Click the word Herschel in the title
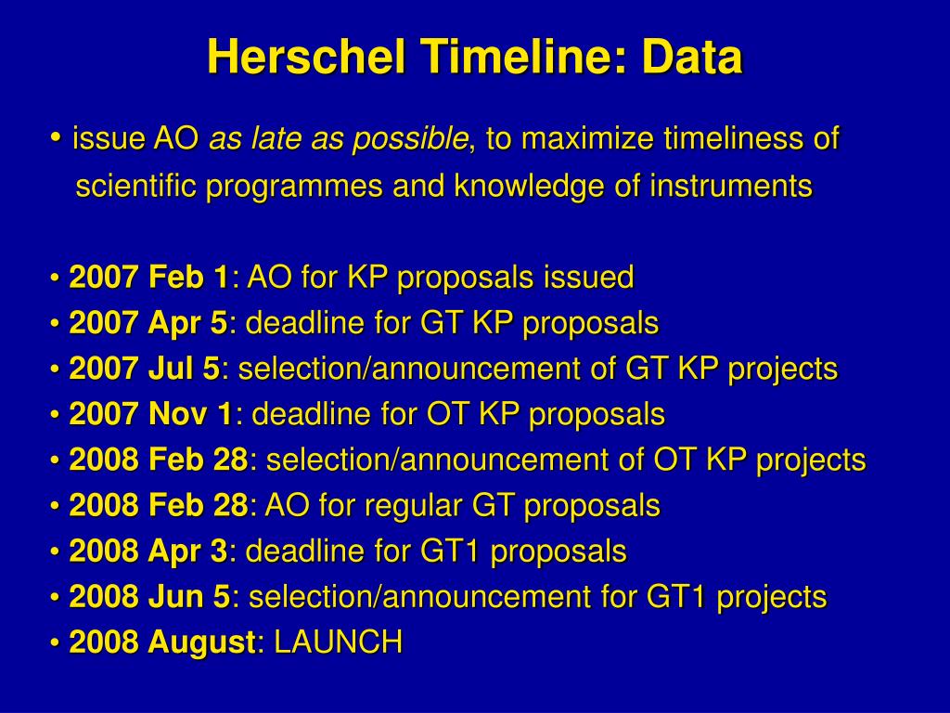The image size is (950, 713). pos(306,57)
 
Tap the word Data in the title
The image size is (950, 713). pos(692,57)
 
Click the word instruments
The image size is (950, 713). pos(731,185)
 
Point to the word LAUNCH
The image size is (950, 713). pos(339,642)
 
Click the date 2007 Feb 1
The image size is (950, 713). pos(149,277)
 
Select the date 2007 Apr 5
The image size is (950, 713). pos(148,323)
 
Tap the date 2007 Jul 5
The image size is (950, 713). pos(145,369)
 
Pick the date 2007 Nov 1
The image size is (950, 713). pos(151,414)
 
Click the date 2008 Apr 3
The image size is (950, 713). pos(148,551)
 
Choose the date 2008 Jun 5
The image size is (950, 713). pos(149,597)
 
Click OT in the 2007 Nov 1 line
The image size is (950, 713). pos(447,414)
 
